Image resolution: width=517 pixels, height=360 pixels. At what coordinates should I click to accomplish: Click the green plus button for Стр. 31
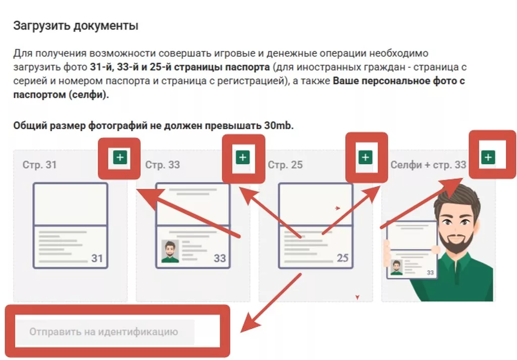click(120, 157)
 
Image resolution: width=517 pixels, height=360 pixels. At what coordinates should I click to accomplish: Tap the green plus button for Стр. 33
click(243, 157)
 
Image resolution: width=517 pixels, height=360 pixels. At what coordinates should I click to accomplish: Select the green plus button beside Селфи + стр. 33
click(488, 157)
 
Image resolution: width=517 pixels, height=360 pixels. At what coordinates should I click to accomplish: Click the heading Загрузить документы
click(76, 26)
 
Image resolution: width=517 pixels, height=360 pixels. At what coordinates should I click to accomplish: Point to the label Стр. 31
click(39, 165)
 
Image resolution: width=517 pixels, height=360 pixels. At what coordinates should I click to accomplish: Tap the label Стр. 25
click(285, 165)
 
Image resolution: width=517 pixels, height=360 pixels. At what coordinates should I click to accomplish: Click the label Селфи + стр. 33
click(428, 165)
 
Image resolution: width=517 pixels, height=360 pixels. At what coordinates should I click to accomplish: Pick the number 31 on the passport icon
click(97, 258)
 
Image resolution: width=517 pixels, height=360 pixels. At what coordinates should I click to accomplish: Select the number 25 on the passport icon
click(343, 258)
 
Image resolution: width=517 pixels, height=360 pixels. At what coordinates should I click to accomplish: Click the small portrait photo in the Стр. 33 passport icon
click(170, 251)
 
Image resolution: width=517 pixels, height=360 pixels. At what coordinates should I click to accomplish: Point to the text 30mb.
click(279, 126)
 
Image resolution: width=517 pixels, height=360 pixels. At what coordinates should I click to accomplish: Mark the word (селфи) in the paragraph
click(89, 94)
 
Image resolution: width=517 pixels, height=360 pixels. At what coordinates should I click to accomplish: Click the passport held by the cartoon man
click(412, 250)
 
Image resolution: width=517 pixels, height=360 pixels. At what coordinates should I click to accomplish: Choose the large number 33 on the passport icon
click(220, 258)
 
